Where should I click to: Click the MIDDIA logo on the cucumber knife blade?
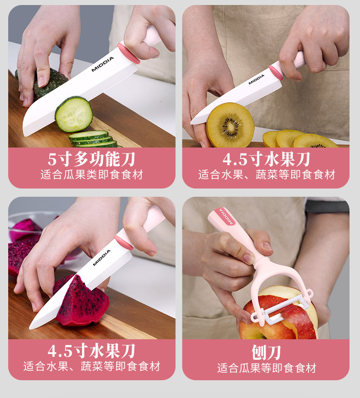coord(103,64)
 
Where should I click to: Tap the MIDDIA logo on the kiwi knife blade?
coord(257,79)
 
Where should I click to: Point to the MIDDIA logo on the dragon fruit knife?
coord(102,258)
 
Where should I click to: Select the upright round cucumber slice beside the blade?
coord(74,114)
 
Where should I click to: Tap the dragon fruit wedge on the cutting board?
coord(81,301)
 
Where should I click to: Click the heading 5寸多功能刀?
coord(92,159)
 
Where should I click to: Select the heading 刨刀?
coord(266,352)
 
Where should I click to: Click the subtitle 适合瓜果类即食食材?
coord(92,174)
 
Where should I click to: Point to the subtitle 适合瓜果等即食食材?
coord(267,368)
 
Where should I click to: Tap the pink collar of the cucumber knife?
coord(129,53)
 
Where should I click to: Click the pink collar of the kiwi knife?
coord(276,72)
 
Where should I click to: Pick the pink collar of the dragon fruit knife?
coord(124,242)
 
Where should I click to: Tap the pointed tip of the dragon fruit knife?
coord(30,329)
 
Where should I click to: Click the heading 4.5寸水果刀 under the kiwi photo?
coord(266,159)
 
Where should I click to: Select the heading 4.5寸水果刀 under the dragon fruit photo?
coord(92,351)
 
